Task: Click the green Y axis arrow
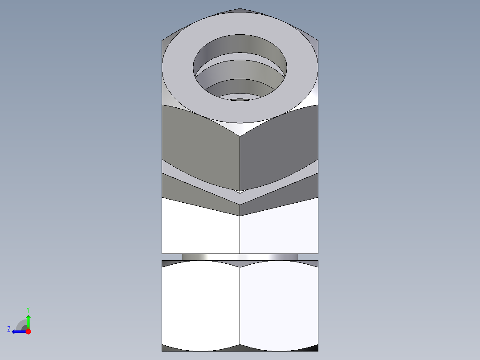click(28, 320)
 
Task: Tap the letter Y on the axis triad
click(28, 309)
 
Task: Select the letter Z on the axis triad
click(9, 329)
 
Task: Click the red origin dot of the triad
click(28, 331)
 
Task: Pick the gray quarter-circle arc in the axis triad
click(20, 324)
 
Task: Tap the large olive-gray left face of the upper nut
click(200, 147)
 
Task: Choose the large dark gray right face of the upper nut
click(278, 147)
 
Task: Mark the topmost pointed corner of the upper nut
click(240, 9)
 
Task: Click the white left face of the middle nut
click(200, 232)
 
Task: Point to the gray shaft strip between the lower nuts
click(240, 257)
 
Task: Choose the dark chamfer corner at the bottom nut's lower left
click(166, 348)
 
